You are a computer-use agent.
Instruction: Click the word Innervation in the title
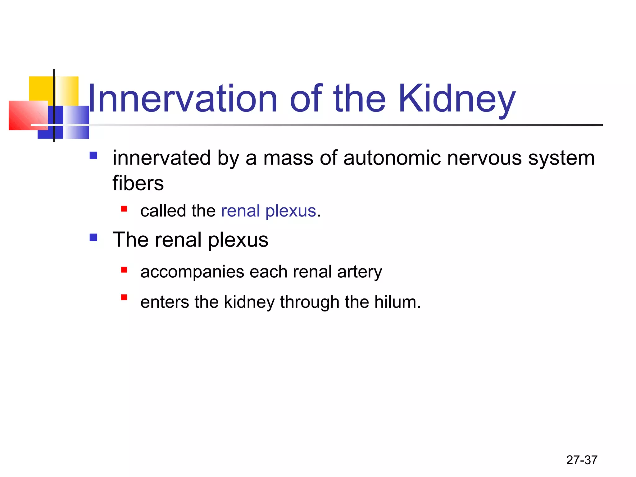point(183,99)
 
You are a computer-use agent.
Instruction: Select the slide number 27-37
point(582,460)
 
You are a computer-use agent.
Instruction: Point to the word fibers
point(138,183)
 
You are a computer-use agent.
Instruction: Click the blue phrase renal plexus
point(268,211)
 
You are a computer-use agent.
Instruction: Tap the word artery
point(360,272)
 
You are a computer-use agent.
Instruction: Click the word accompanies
point(192,272)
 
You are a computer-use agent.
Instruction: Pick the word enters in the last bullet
point(165,302)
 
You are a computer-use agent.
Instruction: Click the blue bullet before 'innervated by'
point(93,155)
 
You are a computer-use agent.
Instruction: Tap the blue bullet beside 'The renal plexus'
point(93,238)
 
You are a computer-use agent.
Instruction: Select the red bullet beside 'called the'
point(124,209)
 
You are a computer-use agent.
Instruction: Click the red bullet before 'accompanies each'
point(124,270)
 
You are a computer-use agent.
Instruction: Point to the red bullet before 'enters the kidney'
point(124,298)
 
